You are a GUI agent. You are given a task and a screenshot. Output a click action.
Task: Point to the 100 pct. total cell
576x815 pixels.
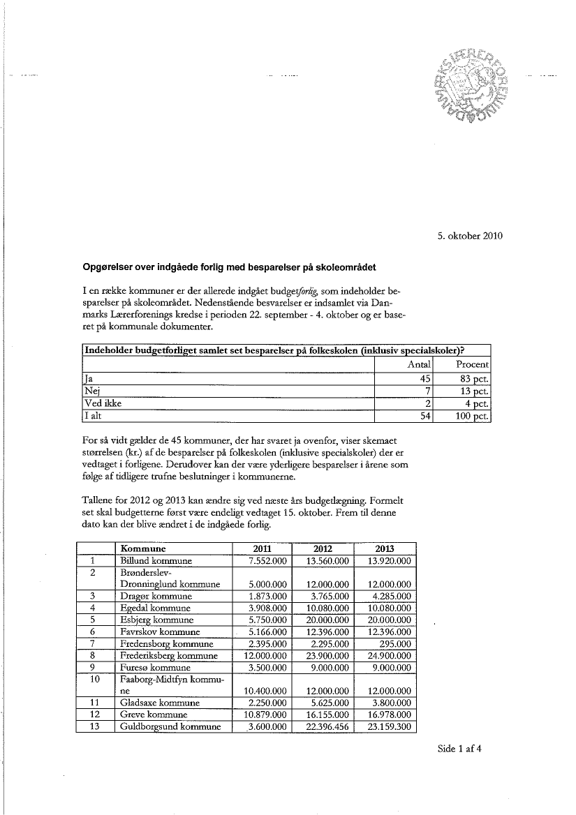pyautogui.click(x=472, y=417)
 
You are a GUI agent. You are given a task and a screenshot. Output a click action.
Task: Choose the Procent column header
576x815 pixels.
pyautogui.click(x=472, y=364)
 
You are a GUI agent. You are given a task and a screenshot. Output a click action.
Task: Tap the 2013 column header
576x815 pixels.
pyautogui.click(x=385, y=548)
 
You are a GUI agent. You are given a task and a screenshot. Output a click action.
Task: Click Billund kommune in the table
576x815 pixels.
pyautogui.click(x=156, y=561)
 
